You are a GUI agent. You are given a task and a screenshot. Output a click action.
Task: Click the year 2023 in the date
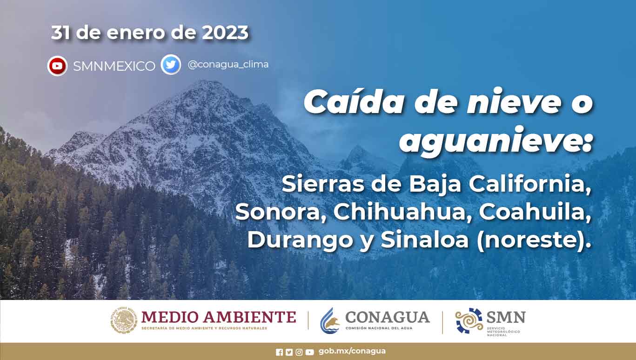tap(225, 33)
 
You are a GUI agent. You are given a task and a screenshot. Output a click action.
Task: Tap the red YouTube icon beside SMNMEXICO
tap(57, 66)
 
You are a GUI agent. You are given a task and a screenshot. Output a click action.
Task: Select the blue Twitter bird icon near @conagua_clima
tap(171, 65)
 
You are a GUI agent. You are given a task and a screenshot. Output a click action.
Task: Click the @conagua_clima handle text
tap(228, 65)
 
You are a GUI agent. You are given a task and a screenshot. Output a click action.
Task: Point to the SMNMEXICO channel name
tap(114, 66)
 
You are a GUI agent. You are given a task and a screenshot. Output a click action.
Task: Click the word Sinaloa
tap(425, 240)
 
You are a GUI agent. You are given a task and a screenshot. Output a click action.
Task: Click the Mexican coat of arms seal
tap(124, 320)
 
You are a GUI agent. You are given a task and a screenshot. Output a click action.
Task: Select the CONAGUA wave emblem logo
tap(330, 321)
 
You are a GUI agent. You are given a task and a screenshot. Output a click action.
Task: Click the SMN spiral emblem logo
tap(469, 320)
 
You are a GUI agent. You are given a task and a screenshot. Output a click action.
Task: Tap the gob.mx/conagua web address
tap(352, 351)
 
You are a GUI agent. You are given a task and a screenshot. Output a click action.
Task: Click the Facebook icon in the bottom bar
tap(280, 353)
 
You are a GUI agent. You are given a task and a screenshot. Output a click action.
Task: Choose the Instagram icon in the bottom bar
tap(299, 353)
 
